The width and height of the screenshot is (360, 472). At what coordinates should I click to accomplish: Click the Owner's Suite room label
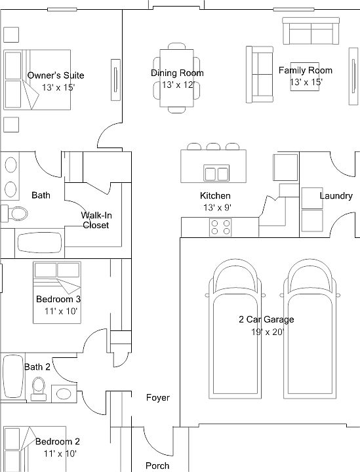(x=56, y=75)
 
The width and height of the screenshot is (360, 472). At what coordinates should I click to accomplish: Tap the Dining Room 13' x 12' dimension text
(x=177, y=85)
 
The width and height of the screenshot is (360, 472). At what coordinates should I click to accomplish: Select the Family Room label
(x=305, y=70)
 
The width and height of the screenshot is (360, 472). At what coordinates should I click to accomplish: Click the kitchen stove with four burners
(x=221, y=227)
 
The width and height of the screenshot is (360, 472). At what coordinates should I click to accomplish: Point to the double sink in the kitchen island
(x=216, y=173)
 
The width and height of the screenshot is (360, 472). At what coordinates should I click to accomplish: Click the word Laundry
(x=336, y=195)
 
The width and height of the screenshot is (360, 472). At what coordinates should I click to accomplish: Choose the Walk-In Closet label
(x=95, y=220)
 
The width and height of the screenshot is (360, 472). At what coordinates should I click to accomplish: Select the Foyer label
(x=157, y=398)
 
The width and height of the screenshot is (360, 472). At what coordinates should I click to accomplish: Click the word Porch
(x=157, y=465)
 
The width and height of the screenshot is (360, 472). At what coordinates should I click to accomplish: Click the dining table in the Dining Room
(x=177, y=75)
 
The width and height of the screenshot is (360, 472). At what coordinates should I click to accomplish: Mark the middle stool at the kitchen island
(x=213, y=147)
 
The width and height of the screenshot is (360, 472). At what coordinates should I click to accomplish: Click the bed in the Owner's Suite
(x=36, y=79)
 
